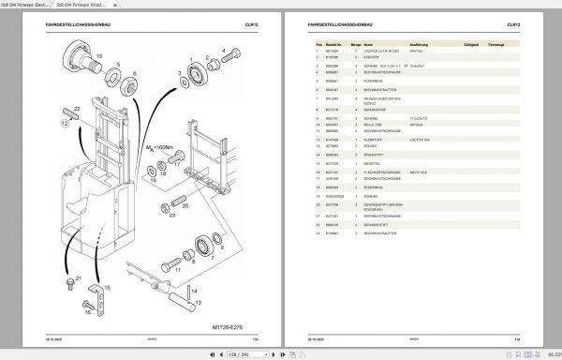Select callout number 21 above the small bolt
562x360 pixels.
(x=79, y=278)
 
